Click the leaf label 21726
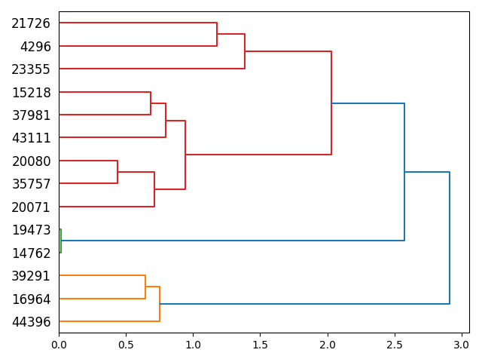[31, 23]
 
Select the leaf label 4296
[35, 47]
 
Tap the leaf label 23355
[31, 69]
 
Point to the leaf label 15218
[31, 93]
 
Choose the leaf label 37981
[31, 115]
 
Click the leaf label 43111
[31, 138]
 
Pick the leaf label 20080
[31, 161]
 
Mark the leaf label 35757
[31, 184]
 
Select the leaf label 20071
[31, 207]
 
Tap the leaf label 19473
[31, 230]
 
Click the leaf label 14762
[31, 253]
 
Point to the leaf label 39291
[31, 276]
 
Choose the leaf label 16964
[31, 299]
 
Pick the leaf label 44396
[31, 322]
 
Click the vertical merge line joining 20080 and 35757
[117, 172]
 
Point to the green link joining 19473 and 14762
[61, 241]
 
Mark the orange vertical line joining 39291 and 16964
[145, 287]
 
